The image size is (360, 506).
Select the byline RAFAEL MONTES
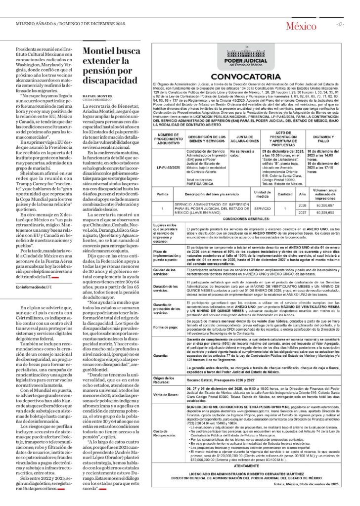(x=97, y=96)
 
